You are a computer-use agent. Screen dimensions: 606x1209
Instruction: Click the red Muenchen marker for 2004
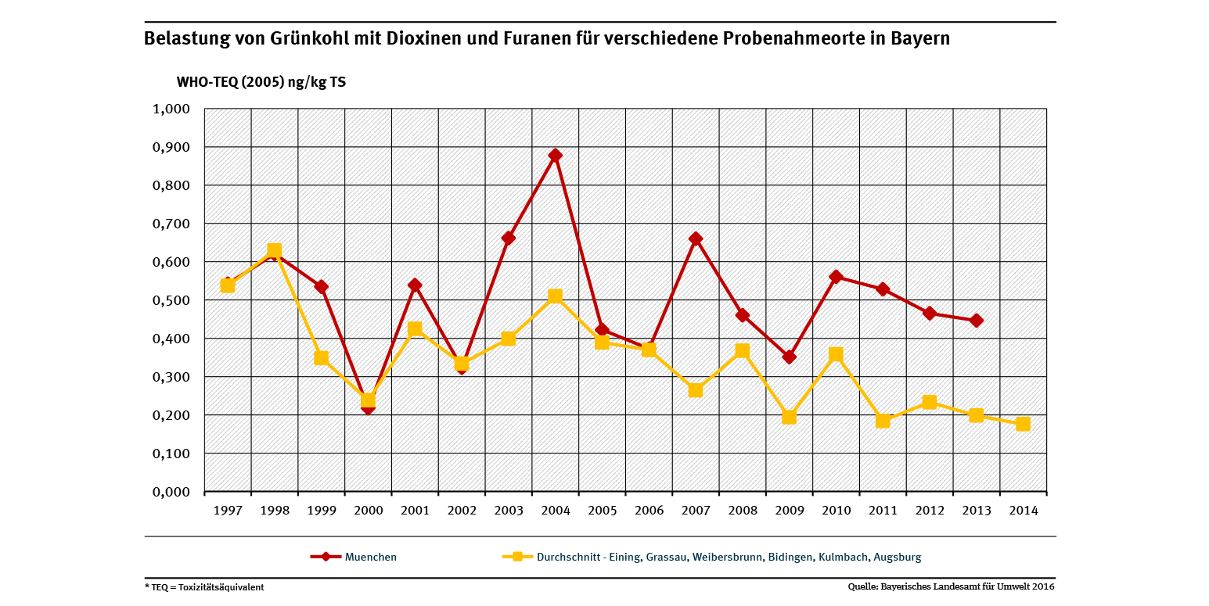555,156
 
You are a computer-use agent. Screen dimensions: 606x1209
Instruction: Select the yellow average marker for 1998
274,252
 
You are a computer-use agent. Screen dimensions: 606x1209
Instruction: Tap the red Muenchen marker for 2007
696,239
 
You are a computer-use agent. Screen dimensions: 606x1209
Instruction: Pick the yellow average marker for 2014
1023,424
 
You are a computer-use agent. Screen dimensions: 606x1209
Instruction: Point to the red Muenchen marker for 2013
976,321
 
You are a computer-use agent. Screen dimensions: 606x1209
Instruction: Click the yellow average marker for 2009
789,417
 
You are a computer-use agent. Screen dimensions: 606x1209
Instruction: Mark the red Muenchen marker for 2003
508,238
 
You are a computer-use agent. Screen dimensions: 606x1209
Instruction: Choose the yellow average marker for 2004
555,296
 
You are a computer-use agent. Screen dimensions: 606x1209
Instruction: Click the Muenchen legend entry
354,558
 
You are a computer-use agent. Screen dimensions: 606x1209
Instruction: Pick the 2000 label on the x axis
368,511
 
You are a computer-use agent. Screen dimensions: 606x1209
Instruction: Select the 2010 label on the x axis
836,511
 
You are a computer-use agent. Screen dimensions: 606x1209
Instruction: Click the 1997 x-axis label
228,511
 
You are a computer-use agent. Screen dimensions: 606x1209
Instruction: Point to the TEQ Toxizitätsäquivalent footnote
204,587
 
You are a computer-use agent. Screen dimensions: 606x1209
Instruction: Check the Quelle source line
952,586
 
